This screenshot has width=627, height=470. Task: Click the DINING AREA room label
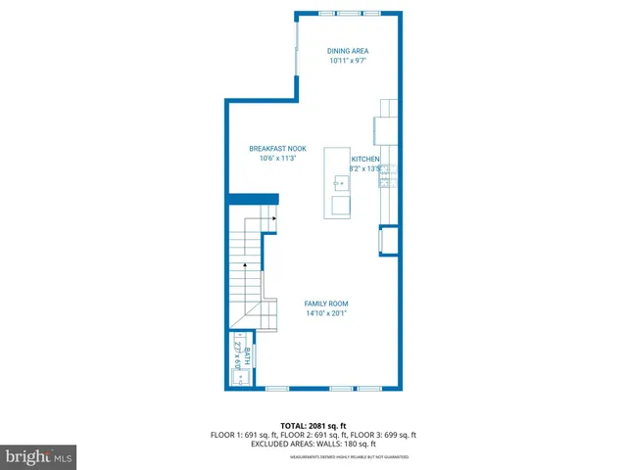(349, 51)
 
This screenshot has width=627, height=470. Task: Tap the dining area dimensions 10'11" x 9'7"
(349, 61)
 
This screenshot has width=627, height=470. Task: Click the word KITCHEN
(365, 159)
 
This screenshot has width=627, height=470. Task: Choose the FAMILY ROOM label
(325, 304)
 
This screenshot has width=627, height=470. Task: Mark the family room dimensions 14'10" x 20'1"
(325, 313)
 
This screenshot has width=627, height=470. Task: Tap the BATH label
(247, 354)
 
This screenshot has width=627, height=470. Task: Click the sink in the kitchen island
(340, 182)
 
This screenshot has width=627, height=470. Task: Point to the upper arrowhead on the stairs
(274, 219)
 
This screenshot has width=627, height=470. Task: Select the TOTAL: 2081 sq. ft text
(313, 426)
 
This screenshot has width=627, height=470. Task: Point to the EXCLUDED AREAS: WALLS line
(313, 444)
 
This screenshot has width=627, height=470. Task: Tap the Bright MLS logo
(39, 456)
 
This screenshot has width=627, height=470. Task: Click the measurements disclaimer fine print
(349, 456)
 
